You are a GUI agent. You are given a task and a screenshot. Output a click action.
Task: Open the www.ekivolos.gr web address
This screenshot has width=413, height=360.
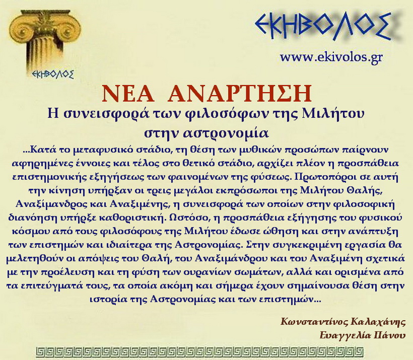(331, 57)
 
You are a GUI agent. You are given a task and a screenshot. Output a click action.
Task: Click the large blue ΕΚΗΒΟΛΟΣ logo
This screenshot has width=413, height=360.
(323, 26)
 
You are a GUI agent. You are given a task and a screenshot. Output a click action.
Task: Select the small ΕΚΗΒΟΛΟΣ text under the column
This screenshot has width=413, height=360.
(52, 74)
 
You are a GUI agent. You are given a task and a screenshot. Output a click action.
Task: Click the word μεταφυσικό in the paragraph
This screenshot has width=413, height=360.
(114, 150)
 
